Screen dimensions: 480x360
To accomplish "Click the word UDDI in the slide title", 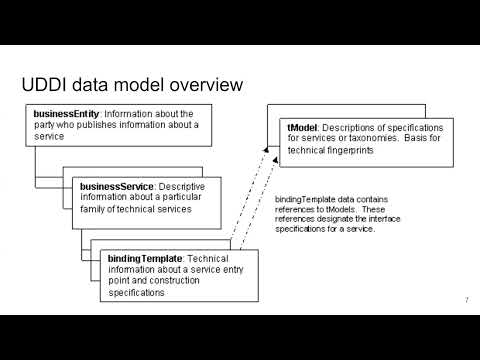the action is (45, 84).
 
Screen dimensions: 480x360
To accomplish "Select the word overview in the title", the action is (200, 84).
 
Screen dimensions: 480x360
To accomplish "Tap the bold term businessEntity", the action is (64, 113).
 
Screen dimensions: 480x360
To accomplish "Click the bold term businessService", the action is (117, 186).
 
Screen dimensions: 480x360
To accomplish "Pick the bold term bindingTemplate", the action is (146, 259).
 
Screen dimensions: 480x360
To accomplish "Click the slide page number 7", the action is (466, 300).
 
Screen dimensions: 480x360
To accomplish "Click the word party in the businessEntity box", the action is (43, 125).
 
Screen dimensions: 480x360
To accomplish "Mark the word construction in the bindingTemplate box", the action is (185, 283).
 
